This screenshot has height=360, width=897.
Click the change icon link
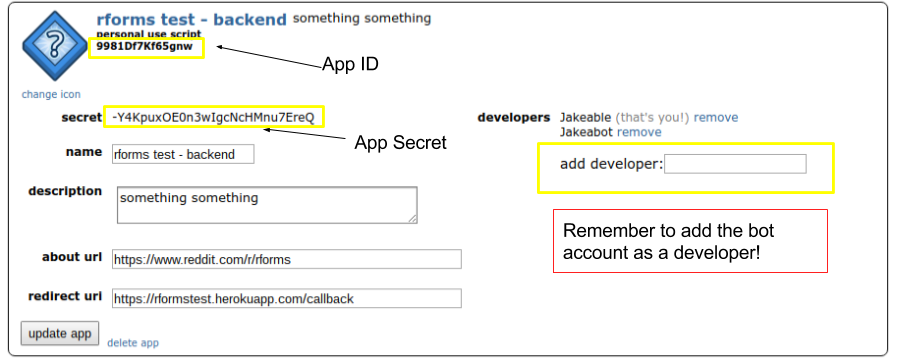(x=50, y=95)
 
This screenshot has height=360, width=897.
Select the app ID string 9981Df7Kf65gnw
(x=144, y=46)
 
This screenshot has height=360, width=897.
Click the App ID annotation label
(x=350, y=64)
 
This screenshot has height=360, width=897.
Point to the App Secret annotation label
(x=400, y=143)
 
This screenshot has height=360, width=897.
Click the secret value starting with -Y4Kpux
(x=213, y=117)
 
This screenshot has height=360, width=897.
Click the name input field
(x=183, y=154)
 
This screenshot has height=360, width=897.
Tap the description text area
(x=266, y=204)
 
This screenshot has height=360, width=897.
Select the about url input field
(x=286, y=259)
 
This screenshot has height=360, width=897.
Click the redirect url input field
(x=286, y=298)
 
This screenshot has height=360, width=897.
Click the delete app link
(x=133, y=343)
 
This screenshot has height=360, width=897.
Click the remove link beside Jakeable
(x=716, y=117)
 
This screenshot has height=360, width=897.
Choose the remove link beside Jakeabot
(x=639, y=132)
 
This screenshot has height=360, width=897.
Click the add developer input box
(x=735, y=164)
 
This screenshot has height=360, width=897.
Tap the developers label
(x=514, y=117)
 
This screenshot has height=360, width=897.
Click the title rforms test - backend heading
(x=191, y=19)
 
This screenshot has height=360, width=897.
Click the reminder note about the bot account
(x=689, y=241)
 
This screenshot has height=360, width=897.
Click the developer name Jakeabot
(x=586, y=132)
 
